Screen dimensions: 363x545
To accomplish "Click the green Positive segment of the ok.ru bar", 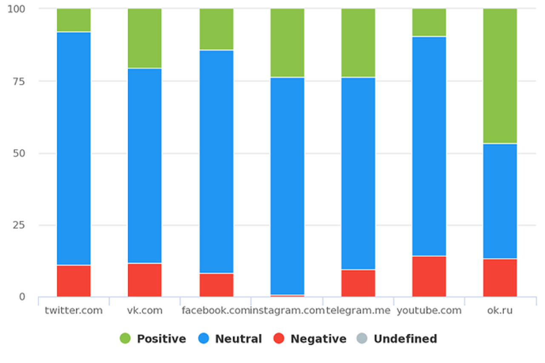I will pyautogui.click(x=500, y=76).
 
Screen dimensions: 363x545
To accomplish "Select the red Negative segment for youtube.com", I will pyautogui.click(x=429, y=276).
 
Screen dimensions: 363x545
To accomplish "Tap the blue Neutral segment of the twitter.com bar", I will pyautogui.click(x=74, y=148).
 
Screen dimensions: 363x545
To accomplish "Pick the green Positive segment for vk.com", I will pyautogui.click(x=145, y=38).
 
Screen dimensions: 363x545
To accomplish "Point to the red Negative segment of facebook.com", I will pyautogui.click(x=216, y=285).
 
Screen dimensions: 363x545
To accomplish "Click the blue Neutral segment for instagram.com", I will pyautogui.click(x=287, y=186).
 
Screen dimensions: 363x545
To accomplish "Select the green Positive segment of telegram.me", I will pyautogui.click(x=358, y=43).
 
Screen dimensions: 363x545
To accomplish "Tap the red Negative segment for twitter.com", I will pyautogui.click(x=74, y=281).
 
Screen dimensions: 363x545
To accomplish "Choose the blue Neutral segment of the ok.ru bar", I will pyautogui.click(x=500, y=201).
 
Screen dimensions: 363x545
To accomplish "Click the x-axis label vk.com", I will pyautogui.click(x=145, y=311).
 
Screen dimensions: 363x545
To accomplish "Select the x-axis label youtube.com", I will pyautogui.click(x=429, y=311).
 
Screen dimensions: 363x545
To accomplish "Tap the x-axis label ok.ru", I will pyautogui.click(x=500, y=311).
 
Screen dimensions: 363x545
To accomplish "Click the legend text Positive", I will pyautogui.click(x=161, y=339).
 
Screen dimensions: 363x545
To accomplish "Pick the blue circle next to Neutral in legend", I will pyautogui.click(x=204, y=338).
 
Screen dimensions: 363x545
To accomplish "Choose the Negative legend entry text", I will pyautogui.click(x=318, y=339).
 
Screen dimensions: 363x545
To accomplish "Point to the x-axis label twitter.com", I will pyautogui.click(x=74, y=311).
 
